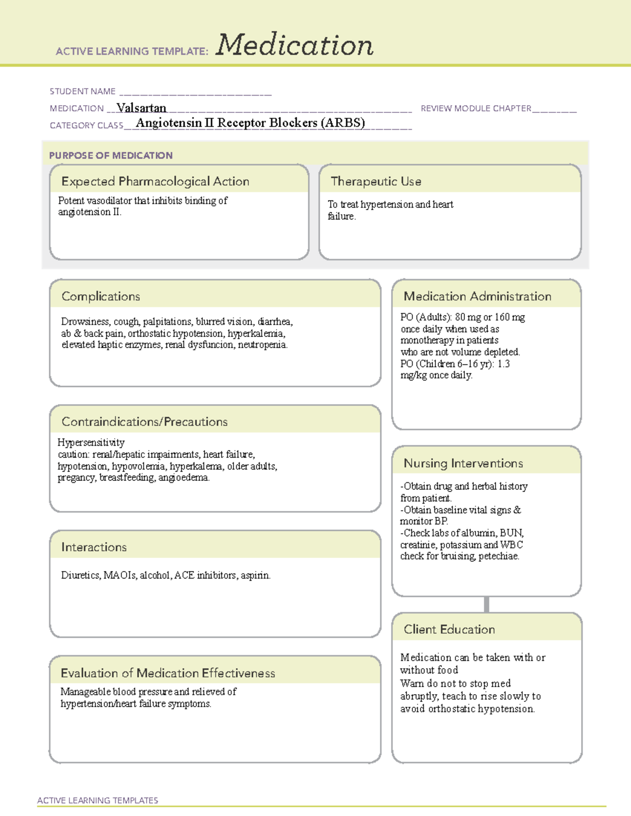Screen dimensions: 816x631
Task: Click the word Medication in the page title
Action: point(294,45)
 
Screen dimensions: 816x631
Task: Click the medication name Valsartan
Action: point(141,108)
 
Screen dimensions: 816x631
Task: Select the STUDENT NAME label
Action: point(83,91)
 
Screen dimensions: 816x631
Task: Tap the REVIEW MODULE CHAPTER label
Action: point(476,108)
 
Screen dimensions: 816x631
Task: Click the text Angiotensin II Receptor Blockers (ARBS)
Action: point(250,123)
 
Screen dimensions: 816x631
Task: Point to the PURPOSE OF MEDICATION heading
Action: point(110,156)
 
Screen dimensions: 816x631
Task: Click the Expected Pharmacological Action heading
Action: point(155,181)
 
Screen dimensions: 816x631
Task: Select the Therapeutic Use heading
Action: point(376,181)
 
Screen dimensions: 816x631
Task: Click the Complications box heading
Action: point(100,296)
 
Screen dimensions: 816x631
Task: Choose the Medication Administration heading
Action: point(477,296)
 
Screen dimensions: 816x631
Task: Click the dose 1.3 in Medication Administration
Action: point(503,364)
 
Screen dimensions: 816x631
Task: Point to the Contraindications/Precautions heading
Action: point(145,421)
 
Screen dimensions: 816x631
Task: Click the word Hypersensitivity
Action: point(91,442)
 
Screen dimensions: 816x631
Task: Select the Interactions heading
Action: point(94,547)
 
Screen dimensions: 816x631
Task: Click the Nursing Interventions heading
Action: point(463,463)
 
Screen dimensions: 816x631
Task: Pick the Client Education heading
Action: point(449,629)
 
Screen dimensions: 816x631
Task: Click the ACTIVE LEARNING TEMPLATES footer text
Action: point(98,800)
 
